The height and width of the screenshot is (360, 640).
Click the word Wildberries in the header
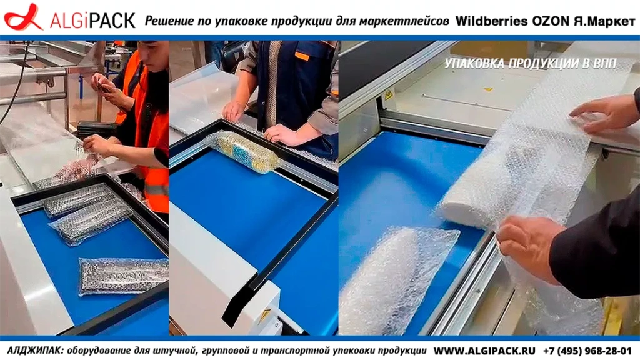(491, 21)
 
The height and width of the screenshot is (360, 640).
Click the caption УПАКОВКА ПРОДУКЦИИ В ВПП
(530, 64)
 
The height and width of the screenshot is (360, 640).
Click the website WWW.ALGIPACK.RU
(484, 351)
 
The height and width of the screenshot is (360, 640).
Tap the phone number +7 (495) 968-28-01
(587, 351)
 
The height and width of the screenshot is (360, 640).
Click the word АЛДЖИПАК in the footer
(35, 351)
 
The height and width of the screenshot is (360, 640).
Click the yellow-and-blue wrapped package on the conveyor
(245, 151)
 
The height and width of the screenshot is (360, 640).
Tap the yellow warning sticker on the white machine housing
(264, 316)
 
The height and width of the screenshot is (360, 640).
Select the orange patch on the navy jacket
(302, 56)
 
